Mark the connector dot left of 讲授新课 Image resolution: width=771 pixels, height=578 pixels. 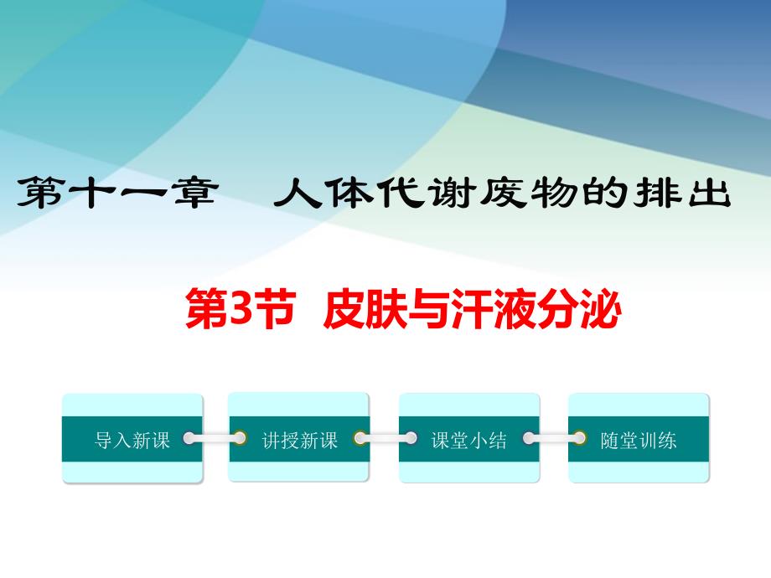(241, 437)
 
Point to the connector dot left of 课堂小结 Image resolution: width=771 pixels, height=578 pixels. (411, 437)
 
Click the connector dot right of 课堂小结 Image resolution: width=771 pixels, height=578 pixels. (527, 437)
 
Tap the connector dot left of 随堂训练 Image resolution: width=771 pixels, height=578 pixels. (580, 437)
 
